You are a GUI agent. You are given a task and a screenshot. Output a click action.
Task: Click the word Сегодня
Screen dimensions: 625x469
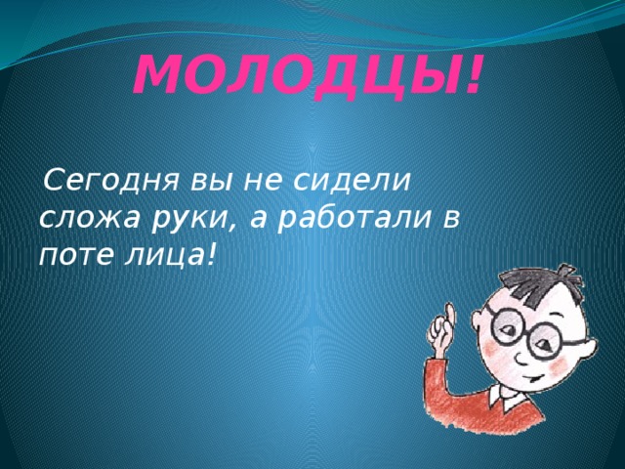point(110,182)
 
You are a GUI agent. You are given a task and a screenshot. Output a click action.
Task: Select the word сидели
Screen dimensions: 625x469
point(352,182)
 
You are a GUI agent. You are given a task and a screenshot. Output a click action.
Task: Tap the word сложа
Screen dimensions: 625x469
point(89,219)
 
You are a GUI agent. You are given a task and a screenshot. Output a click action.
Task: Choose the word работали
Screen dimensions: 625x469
point(354,219)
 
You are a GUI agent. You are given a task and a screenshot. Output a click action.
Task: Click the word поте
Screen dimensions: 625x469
point(75,254)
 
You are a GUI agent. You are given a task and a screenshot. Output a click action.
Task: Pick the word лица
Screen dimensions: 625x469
point(161,256)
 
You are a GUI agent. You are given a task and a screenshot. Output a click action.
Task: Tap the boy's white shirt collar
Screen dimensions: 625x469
point(505,396)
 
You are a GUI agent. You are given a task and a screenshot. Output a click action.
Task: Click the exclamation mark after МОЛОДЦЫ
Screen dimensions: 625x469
point(475,76)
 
